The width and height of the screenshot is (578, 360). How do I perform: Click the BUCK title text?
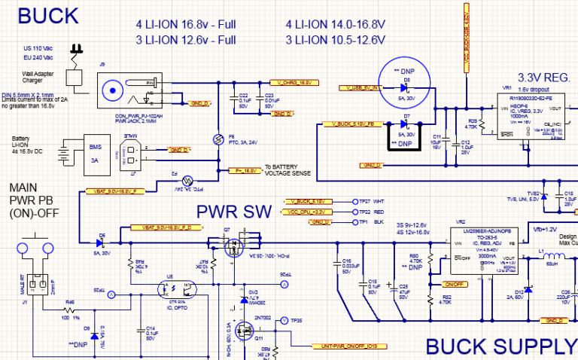(48, 15)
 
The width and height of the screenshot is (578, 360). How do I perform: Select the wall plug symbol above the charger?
(75, 52)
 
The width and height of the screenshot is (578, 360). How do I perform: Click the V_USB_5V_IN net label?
(360, 88)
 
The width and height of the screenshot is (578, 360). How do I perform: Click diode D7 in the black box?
(406, 124)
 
